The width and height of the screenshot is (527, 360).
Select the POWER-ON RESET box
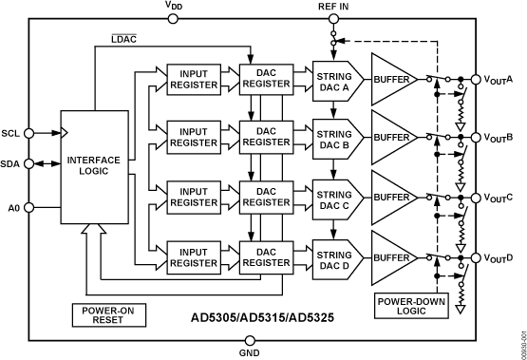(x=111, y=313)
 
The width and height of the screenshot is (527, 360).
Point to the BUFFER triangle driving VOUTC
(x=392, y=199)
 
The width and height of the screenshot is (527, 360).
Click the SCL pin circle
(x=30, y=134)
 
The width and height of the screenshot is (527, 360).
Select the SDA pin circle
(x=30, y=164)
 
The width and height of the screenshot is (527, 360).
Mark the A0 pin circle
(x=30, y=206)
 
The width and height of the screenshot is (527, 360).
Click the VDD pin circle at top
(x=173, y=17)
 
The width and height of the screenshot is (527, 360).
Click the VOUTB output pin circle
(x=474, y=139)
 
